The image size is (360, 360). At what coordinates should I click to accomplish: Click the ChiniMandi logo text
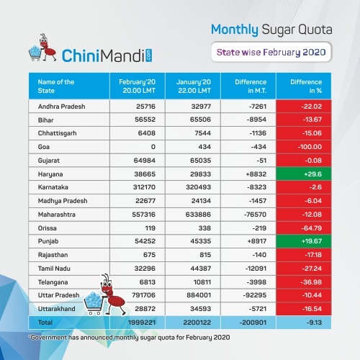pos(107,55)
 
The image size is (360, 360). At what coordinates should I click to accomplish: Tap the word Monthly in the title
pos(235,30)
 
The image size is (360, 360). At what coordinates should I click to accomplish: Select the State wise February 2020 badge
pos(271,52)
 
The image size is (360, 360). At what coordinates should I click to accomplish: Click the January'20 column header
pos(194,86)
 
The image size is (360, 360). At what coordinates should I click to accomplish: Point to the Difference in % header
pos(306,86)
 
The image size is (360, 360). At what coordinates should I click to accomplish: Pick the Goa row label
pos(44,147)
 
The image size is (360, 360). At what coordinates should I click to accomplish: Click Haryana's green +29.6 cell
pos(304,174)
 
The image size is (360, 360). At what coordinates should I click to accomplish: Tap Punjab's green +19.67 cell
pos(304,241)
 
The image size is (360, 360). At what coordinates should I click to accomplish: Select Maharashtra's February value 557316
pos(144,215)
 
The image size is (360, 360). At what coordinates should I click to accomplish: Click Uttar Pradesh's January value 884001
pos(199,295)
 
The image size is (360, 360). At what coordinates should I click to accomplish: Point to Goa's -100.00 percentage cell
pos(304,147)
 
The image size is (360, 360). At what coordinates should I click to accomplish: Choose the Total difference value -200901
pos(253,323)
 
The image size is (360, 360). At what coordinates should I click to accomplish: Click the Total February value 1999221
pos(142,323)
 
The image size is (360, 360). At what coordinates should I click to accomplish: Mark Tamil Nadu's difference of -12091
pos(256,269)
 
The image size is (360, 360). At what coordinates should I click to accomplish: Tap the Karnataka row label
pos(53,187)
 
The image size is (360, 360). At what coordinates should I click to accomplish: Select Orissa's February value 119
pos(150,228)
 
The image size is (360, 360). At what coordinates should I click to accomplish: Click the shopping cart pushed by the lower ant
pos(94,303)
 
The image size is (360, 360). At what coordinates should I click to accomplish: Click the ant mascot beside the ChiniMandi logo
pos(48,48)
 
